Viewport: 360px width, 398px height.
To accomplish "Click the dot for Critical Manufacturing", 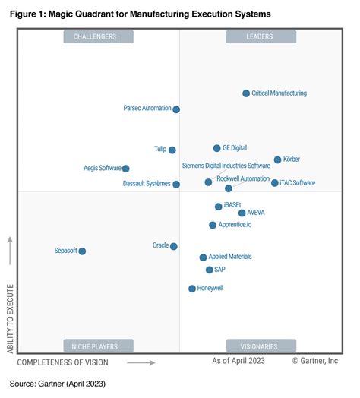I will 246,93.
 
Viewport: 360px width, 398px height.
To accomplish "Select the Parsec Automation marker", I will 176,109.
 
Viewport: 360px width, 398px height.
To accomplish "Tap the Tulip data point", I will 172,150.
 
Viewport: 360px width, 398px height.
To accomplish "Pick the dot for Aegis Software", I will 126,169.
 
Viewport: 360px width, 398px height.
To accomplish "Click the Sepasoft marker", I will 82,251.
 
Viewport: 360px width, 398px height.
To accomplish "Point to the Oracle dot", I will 174,246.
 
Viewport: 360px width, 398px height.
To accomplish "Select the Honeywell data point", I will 192,289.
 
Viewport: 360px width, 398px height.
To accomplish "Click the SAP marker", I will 210,270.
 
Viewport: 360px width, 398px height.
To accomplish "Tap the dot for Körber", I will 277,160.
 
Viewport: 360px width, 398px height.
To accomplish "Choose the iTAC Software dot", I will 275,182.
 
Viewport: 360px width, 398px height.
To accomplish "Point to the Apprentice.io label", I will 235,225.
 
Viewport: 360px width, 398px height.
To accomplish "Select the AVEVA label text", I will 256,213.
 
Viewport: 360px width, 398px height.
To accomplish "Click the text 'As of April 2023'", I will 239,362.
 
